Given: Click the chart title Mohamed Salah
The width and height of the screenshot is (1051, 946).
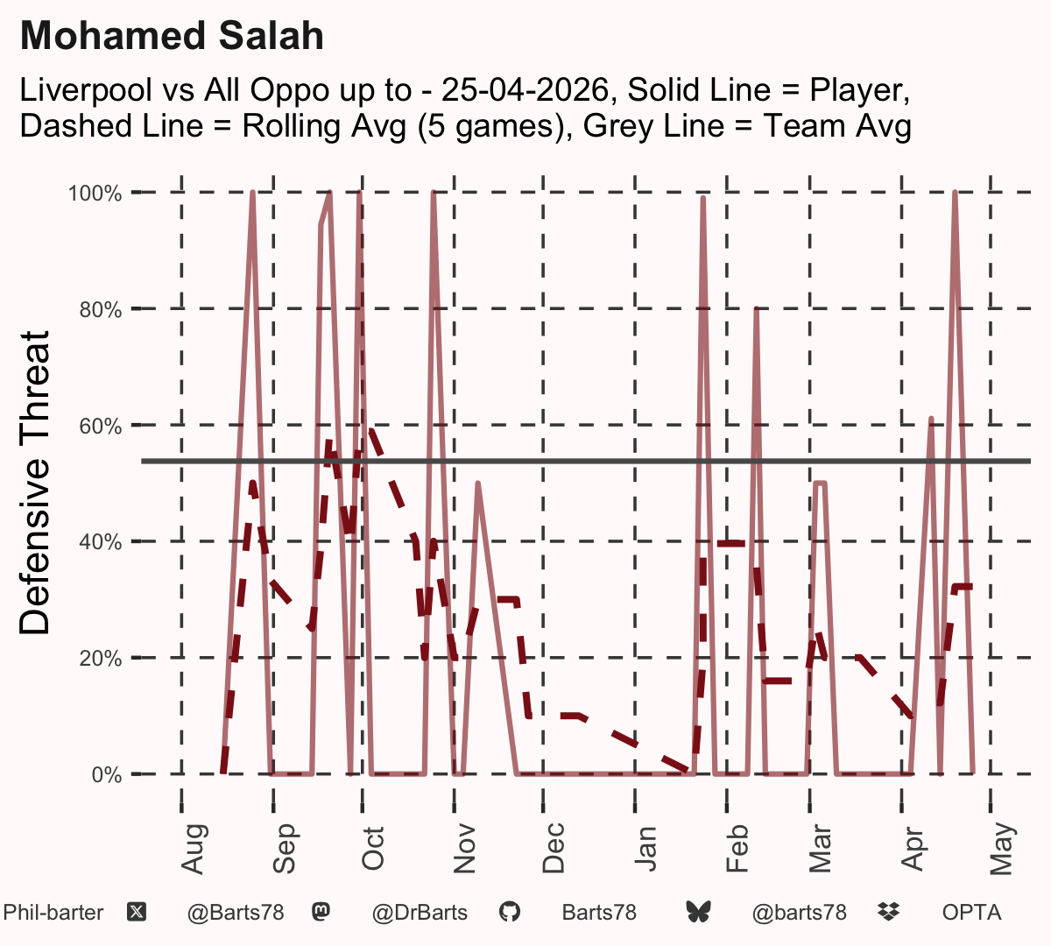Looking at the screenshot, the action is (x=172, y=36).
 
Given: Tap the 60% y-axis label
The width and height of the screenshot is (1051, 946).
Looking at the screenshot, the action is (x=101, y=426).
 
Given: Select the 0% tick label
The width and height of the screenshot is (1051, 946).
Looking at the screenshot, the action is (x=106, y=774).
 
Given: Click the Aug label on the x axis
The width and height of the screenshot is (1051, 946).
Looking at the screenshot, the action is (x=193, y=849).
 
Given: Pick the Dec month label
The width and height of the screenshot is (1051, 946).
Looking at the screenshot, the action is (x=554, y=848).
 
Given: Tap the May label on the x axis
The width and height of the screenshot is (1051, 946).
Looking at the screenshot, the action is (x=1002, y=849).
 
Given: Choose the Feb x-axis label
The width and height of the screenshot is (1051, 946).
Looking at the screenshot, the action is (x=737, y=849).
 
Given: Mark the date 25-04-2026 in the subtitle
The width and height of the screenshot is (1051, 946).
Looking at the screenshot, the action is (x=525, y=90).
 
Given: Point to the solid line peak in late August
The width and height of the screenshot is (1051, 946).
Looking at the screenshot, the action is (x=253, y=193).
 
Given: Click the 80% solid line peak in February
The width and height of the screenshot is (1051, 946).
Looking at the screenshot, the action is (x=756, y=309).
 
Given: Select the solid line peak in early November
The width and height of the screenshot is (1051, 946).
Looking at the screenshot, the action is (x=478, y=484).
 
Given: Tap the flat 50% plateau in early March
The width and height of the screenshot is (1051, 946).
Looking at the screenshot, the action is (x=821, y=483).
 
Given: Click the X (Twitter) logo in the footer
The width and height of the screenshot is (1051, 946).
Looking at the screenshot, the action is (x=137, y=913).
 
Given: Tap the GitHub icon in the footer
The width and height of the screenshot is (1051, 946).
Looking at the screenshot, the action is (x=510, y=913).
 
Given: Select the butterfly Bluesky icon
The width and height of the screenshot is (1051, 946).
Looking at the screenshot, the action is (x=699, y=913).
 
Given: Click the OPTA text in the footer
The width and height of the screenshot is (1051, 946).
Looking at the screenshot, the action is (x=972, y=913).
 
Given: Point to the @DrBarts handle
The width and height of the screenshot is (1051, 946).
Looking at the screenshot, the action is (x=420, y=913).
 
